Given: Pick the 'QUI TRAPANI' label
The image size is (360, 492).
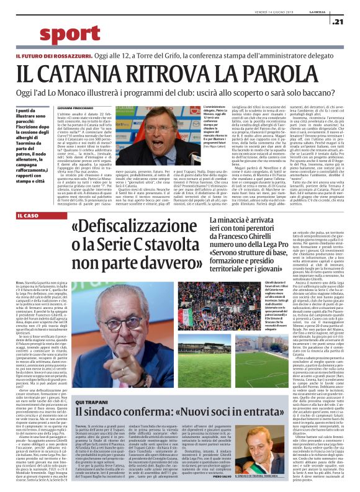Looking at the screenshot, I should [91, 367].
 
